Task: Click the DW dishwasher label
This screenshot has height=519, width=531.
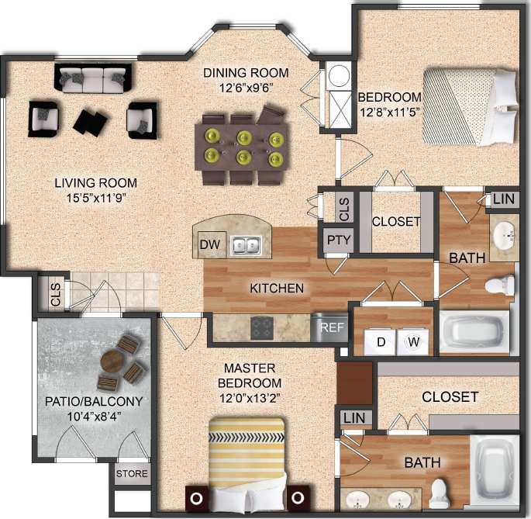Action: (x=208, y=245)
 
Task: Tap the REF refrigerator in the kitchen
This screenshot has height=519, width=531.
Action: (x=332, y=327)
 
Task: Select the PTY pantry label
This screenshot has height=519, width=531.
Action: (x=338, y=240)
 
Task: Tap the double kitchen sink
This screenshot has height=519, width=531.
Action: (x=247, y=246)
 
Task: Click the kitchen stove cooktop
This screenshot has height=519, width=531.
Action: (x=262, y=327)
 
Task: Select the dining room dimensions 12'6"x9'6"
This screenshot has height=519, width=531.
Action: (x=246, y=88)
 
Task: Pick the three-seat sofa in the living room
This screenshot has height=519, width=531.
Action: (x=91, y=78)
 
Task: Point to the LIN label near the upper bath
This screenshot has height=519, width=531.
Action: (x=503, y=199)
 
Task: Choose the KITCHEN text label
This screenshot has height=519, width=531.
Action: (x=276, y=288)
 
